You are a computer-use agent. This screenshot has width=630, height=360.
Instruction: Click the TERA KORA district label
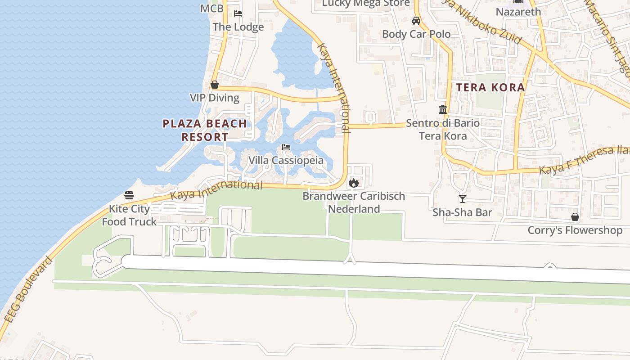pyautogui.click(x=490, y=87)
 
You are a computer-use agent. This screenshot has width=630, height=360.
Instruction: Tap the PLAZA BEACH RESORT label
pyautogui.click(x=205, y=130)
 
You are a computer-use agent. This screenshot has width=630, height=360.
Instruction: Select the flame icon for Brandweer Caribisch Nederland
pyautogui.click(x=354, y=183)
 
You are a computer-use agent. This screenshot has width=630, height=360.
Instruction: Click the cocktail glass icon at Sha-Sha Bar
pyautogui.click(x=462, y=198)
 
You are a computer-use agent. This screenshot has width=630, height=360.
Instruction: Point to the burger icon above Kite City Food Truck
pyautogui.click(x=129, y=195)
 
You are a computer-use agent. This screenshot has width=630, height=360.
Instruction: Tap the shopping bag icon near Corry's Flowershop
pyautogui.click(x=575, y=217)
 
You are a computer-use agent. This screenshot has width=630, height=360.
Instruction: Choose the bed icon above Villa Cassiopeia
pyautogui.click(x=286, y=147)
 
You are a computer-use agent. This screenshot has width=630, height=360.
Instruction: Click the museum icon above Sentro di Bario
pyautogui.click(x=442, y=109)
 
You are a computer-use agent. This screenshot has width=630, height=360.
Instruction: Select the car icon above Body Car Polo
pyautogui.click(x=416, y=21)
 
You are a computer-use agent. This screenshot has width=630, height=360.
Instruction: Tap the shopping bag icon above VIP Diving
pyautogui.click(x=215, y=85)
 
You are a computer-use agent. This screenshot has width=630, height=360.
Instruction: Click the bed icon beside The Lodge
pyautogui.click(x=238, y=13)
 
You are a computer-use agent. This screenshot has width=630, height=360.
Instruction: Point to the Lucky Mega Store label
pyautogui.click(x=366, y=4)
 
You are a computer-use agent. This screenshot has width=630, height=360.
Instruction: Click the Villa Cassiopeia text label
pyautogui.click(x=286, y=161)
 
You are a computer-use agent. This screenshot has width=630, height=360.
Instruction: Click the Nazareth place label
pyautogui.click(x=518, y=12)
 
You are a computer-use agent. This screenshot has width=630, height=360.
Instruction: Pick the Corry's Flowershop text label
pyautogui.click(x=575, y=230)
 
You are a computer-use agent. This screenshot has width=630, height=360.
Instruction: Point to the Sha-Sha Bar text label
pyautogui.click(x=462, y=212)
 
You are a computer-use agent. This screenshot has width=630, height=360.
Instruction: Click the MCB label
pyautogui.click(x=211, y=8)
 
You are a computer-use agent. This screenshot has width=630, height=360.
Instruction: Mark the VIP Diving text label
pyautogui.click(x=215, y=98)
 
